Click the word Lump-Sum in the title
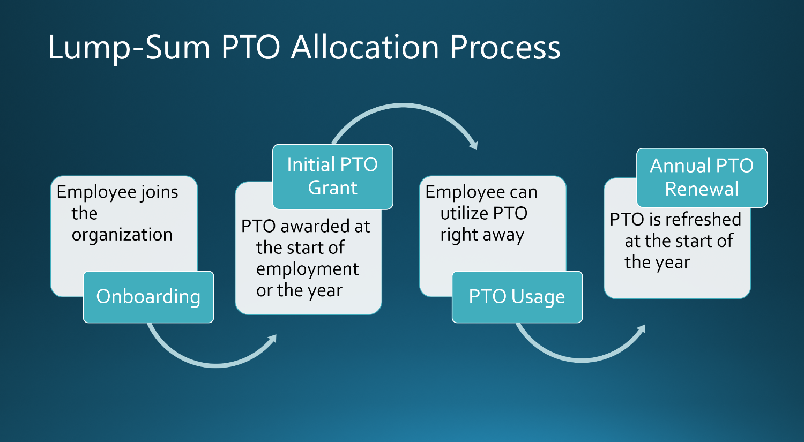click(129, 47)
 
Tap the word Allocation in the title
click(365, 47)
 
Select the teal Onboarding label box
click(148, 297)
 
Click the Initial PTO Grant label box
click(332, 176)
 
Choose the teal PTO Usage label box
click(517, 297)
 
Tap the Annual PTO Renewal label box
click(702, 177)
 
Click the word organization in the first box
click(122, 235)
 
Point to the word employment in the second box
click(307, 269)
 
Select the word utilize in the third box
click(464, 213)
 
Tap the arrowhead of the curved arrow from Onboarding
click(273, 338)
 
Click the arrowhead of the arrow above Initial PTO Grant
click(473, 145)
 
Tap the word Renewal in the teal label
click(702, 189)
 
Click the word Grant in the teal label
click(332, 188)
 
